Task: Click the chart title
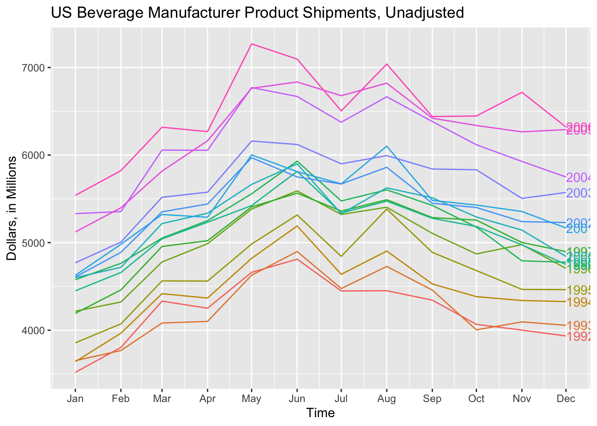pyautogui.click(x=258, y=13)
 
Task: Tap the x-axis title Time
pyautogui.click(x=320, y=413)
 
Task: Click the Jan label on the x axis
pyautogui.click(x=76, y=398)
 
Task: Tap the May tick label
pyautogui.click(x=252, y=398)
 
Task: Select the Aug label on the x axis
pyautogui.click(x=386, y=398)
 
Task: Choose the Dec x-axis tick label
pyautogui.click(x=566, y=398)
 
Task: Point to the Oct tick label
pyautogui.click(x=476, y=398)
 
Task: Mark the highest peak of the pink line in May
pyautogui.click(x=252, y=43)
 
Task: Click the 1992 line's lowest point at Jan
pyautogui.click(x=76, y=372)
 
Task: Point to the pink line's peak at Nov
pyautogui.click(x=521, y=92)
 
